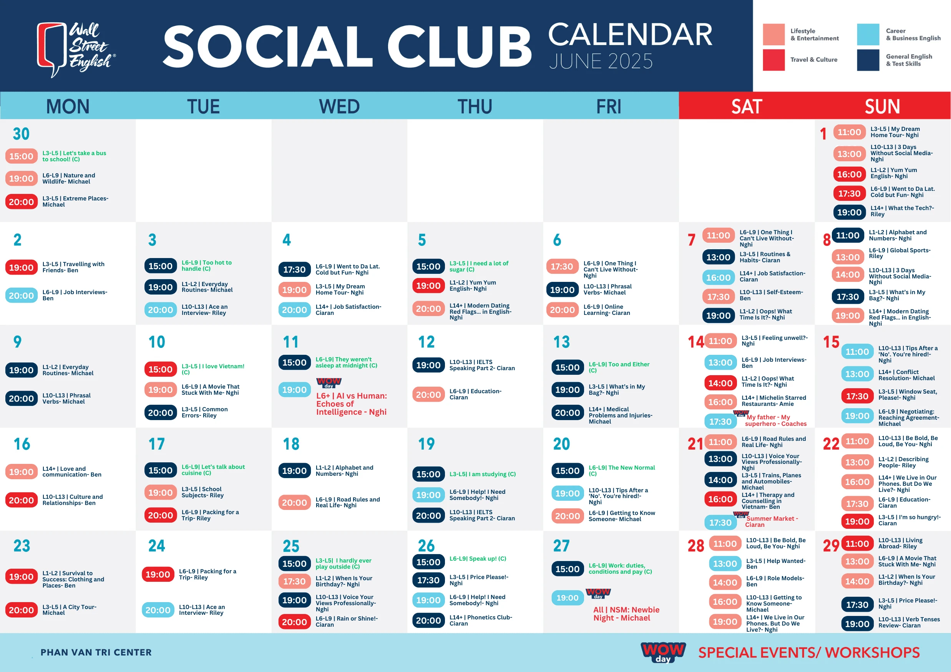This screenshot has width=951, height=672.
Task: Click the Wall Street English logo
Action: [x=76, y=49]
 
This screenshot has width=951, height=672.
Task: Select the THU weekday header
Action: [x=475, y=106]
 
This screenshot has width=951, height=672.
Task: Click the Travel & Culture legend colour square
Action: [x=774, y=60]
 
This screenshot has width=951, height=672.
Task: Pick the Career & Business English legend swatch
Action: [x=868, y=34]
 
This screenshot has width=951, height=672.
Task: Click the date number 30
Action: [x=21, y=134]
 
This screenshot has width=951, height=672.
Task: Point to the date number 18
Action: [x=291, y=444]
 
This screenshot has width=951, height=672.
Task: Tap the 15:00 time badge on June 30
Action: [x=21, y=156]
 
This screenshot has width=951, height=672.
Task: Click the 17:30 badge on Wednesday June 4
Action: [x=294, y=270]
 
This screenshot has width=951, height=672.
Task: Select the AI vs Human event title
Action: [x=351, y=404]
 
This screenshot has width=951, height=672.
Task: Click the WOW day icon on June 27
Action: [x=598, y=593]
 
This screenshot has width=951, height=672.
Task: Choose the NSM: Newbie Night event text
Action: [x=626, y=614]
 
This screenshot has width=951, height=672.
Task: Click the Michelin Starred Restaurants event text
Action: [x=774, y=401]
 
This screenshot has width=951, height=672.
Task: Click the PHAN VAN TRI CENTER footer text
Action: [x=96, y=652]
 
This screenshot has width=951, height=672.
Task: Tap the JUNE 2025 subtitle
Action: [x=601, y=61]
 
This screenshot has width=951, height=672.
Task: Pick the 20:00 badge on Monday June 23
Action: [x=21, y=610]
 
